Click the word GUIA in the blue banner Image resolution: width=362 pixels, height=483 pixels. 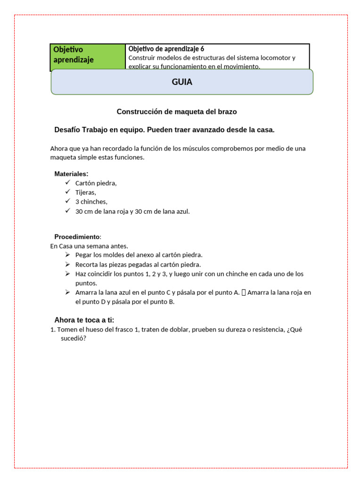pyautogui.click(x=182, y=82)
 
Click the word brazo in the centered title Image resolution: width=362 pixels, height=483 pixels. pyautogui.click(x=227, y=112)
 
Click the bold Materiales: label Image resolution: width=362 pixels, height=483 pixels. pyautogui.click(x=71, y=174)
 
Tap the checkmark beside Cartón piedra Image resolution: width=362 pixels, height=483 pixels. pyautogui.click(x=68, y=183)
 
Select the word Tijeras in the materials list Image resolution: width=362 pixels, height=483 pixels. pyautogui.click(x=86, y=192)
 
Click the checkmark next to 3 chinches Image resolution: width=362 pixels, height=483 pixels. pyautogui.click(x=68, y=201)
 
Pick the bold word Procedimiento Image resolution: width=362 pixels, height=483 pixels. pyautogui.click(x=77, y=236)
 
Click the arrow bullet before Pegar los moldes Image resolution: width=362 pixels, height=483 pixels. pyautogui.click(x=68, y=255)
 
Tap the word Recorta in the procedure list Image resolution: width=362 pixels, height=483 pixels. pyautogui.click(x=87, y=264)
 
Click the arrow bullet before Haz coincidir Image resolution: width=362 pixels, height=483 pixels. pyautogui.click(x=68, y=274)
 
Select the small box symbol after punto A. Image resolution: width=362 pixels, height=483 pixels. pyautogui.click(x=243, y=292)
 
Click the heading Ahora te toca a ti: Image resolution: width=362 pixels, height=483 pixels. pyautogui.click(x=84, y=320)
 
